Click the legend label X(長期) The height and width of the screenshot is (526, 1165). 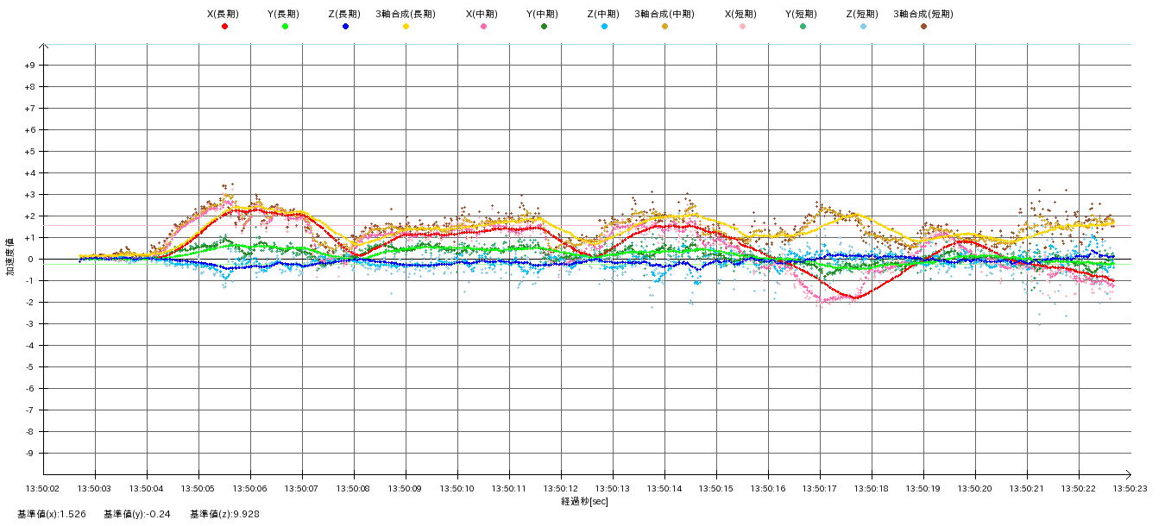point(224,14)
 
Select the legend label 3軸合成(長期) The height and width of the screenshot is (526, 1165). point(406,14)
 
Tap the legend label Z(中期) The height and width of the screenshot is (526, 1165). point(604,14)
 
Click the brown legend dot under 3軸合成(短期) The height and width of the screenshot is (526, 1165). point(923,27)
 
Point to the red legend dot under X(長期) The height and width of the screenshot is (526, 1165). point(224,27)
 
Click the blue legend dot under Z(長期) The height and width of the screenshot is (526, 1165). point(345,27)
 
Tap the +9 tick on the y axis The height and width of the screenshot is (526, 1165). point(30,66)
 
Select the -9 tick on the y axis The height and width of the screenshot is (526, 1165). point(30,454)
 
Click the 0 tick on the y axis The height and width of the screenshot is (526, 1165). point(30,260)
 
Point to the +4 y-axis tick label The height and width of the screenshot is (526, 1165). point(30,173)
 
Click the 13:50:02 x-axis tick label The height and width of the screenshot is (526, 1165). point(43,487)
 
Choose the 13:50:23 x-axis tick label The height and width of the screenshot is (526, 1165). point(1130,487)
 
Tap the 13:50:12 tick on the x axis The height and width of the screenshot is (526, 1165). point(561,487)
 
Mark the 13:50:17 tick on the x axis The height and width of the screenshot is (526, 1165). point(820,487)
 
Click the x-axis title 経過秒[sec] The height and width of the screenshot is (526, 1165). point(584,501)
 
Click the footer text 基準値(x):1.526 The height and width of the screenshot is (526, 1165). point(52,514)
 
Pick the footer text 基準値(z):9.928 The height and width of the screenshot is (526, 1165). point(224,514)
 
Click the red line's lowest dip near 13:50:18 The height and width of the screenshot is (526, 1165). point(855,297)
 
